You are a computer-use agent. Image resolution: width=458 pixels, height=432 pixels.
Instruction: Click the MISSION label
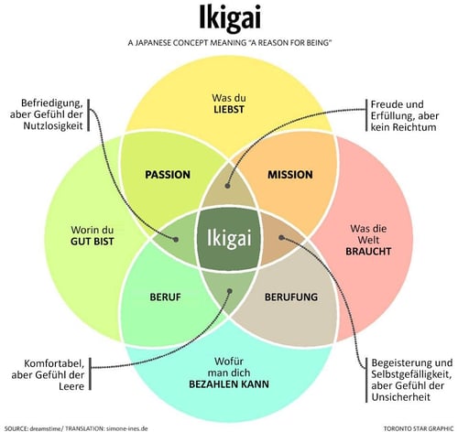pos(289,174)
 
